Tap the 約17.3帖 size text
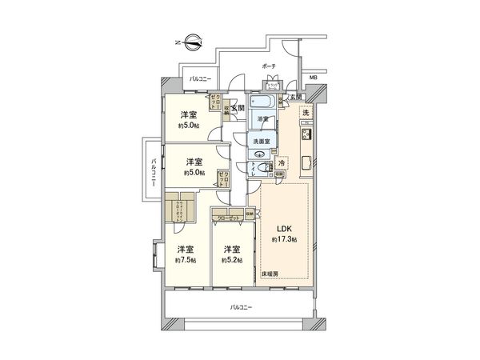tap(284, 239)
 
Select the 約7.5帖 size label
tap(186, 260)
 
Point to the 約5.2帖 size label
tap(232, 260)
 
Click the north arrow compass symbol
tap(190, 38)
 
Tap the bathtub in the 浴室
tap(262, 104)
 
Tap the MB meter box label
tap(313, 78)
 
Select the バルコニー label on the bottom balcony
tap(240, 307)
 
